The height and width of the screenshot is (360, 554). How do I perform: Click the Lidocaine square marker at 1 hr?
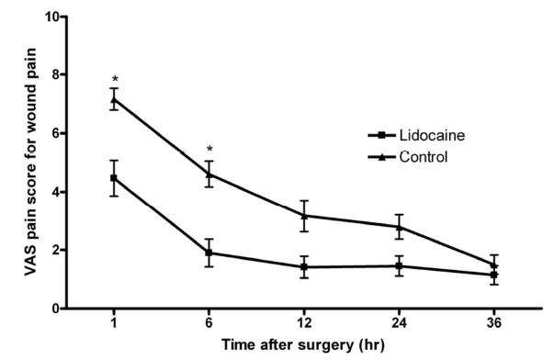(x=114, y=178)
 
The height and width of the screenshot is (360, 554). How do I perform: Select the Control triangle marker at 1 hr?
(x=114, y=99)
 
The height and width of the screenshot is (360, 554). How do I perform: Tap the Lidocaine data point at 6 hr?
(x=209, y=253)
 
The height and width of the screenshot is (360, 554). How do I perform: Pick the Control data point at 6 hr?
(x=209, y=174)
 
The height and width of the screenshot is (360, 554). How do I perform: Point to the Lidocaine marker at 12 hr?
(x=304, y=267)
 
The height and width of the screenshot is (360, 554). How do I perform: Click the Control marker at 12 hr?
(x=304, y=215)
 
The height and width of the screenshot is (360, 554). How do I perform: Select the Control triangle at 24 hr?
(x=400, y=227)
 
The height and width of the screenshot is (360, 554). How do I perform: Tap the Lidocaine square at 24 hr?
(x=400, y=265)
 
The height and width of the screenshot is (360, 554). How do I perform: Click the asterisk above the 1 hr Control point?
(x=115, y=79)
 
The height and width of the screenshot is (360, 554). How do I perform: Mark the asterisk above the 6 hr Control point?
(x=209, y=149)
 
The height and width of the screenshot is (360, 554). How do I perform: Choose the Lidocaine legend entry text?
(x=432, y=135)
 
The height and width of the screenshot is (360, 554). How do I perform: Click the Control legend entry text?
(x=424, y=156)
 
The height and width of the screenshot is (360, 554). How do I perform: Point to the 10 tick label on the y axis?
(x=51, y=17)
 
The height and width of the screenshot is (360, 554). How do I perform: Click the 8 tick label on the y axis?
(x=55, y=74)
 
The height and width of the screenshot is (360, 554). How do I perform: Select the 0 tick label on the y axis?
(x=55, y=309)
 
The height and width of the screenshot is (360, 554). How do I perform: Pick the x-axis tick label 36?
(x=494, y=323)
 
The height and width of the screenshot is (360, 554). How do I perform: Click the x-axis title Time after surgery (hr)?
(x=303, y=344)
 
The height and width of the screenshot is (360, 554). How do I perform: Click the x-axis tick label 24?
(x=400, y=323)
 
